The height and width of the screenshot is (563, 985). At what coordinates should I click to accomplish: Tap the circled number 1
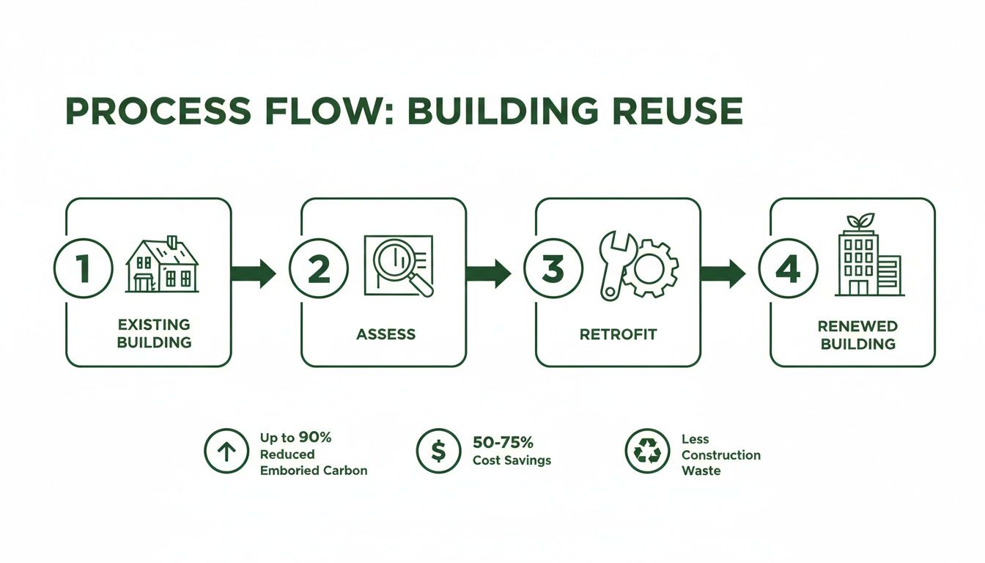click(84, 270)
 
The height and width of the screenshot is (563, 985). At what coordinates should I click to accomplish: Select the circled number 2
click(318, 270)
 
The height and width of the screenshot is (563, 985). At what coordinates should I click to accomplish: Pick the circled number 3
click(553, 270)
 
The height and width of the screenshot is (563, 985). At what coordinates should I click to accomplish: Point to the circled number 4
click(788, 270)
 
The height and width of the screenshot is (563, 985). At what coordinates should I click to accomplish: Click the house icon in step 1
click(162, 265)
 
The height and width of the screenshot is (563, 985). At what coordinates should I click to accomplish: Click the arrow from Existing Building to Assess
click(254, 273)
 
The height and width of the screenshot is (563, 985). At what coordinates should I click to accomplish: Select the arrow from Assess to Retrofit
click(488, 273)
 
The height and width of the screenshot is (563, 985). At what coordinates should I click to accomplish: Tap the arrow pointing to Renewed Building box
click(723, 273)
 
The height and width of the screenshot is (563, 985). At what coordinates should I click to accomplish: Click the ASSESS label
click(385, 334)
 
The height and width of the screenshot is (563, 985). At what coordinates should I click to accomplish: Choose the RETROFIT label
click(618, 334)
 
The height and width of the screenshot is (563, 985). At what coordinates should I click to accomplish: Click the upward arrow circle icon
click(226, 451)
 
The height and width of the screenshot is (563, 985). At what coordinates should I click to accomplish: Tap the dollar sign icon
click(438, 451)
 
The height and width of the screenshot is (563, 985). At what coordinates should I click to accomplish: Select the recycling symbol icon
click(647, 452)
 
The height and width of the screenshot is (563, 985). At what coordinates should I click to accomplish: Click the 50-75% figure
click(503, 443)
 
